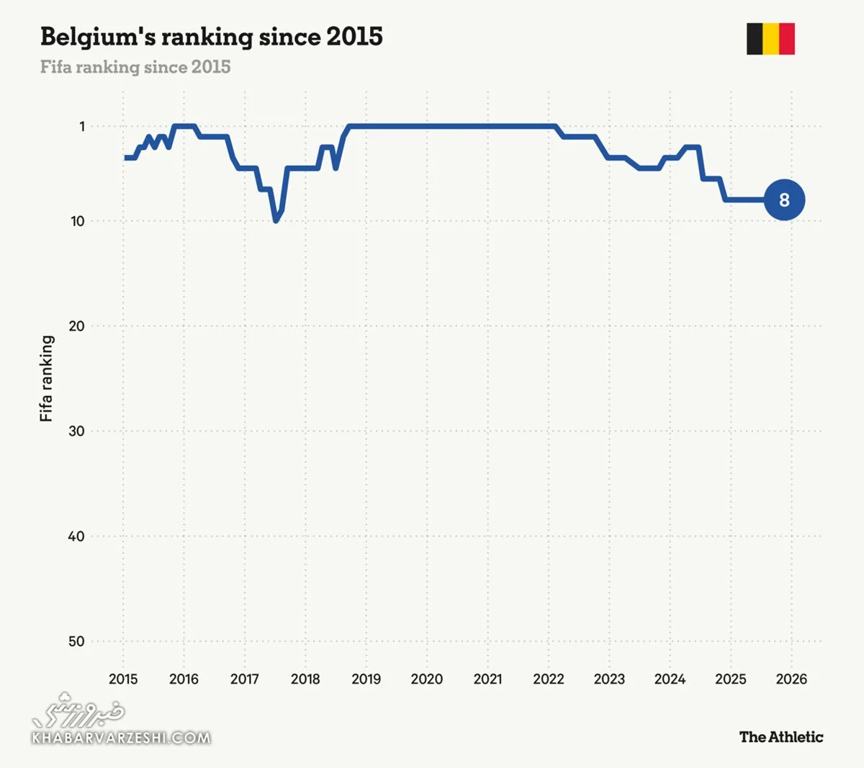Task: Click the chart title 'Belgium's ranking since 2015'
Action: pyautogui.click(x=211, y=37)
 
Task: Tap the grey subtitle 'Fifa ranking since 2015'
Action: pyautogui.click(x=135, y=67)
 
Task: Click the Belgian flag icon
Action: pyautogui.click(x=770, y=39)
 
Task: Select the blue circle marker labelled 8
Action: pyautogui.click(x=784, y=200)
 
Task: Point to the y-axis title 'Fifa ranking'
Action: pyautogui.click(x=47, y=378)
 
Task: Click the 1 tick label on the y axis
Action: pyautogui.click(x=82, y=127)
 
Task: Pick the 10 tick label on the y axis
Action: pyautogui.click(x=77, y=221)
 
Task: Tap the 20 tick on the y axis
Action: pyautogui.click(x=76, y=326)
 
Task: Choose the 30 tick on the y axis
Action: pyautogui.click(x=76, y=432)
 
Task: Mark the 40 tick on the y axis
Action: pyautogui.click(x=76, y=537)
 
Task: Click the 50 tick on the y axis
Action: pyautogui.click(x=76, y=642)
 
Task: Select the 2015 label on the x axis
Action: pyautogui.click(x=123, y=679)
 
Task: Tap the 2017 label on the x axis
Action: pyautogui.click(x=245, y=679)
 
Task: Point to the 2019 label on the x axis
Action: pyautogui.click(x=366, y=679)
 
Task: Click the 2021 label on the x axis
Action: pyautogui.click(x=487, y=679)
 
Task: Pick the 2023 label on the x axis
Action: pyautogui.click(x=609, y=679)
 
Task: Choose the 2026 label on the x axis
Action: pyautogui.click(x=791, y=679)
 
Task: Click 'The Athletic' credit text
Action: pyautogui.click(x=780, y=737)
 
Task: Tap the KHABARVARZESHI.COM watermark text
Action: pyautogui.click(x=121, y=738)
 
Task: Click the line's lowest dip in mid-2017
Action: pyautogui.click(x=276, y=220)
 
